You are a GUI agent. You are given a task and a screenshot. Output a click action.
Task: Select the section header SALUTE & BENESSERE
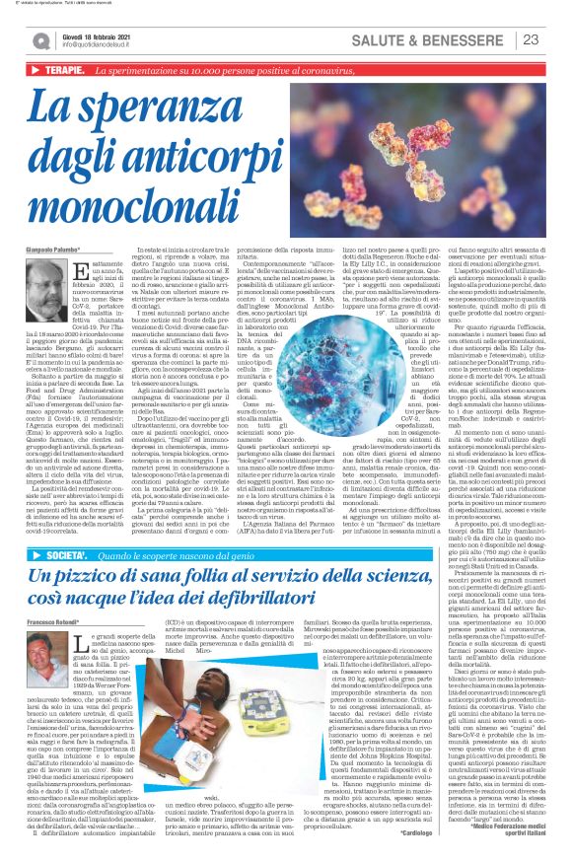coord(446,39)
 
